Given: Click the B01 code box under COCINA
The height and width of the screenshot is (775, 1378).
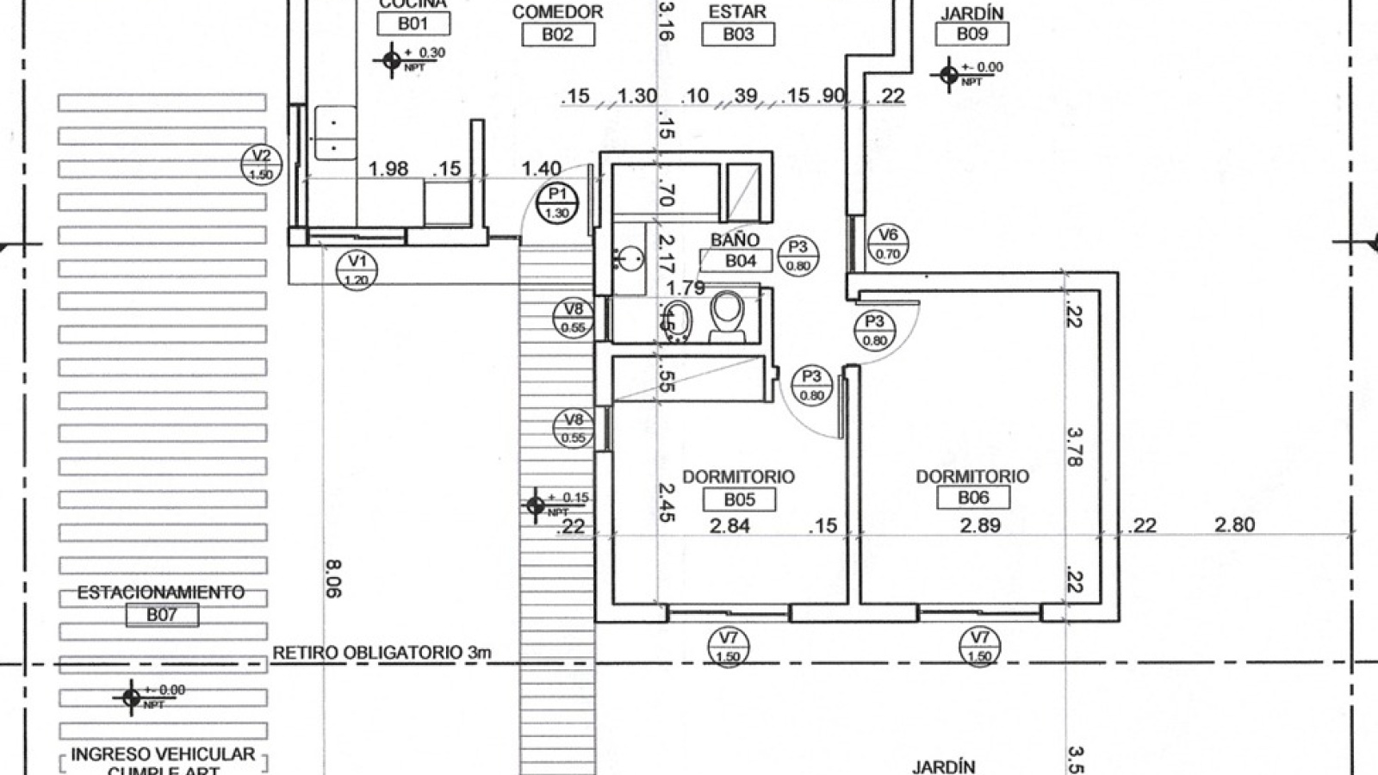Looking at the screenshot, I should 413,23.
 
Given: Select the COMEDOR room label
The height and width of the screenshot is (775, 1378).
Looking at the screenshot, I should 557,12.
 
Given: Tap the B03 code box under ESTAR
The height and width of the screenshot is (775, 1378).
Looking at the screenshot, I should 738,34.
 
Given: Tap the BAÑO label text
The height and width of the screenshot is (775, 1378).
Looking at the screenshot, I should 735,239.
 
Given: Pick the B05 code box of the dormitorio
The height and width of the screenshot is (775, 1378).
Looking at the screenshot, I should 738,499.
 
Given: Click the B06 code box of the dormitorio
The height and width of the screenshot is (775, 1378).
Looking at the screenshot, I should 973,498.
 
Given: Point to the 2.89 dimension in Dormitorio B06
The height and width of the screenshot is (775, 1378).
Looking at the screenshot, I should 980,524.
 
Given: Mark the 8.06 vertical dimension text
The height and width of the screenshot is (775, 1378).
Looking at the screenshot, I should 333,579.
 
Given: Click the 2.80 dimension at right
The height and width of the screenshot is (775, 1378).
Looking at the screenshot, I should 1234,524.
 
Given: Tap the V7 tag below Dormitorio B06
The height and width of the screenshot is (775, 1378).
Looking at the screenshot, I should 979,646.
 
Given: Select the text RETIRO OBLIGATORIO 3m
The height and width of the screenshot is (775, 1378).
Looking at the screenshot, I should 382,652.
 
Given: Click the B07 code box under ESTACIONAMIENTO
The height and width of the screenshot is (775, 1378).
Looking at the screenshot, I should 161,615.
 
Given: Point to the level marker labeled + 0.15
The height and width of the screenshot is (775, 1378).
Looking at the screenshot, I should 536,505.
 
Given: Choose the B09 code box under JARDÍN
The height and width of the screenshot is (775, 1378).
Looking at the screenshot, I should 971,34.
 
